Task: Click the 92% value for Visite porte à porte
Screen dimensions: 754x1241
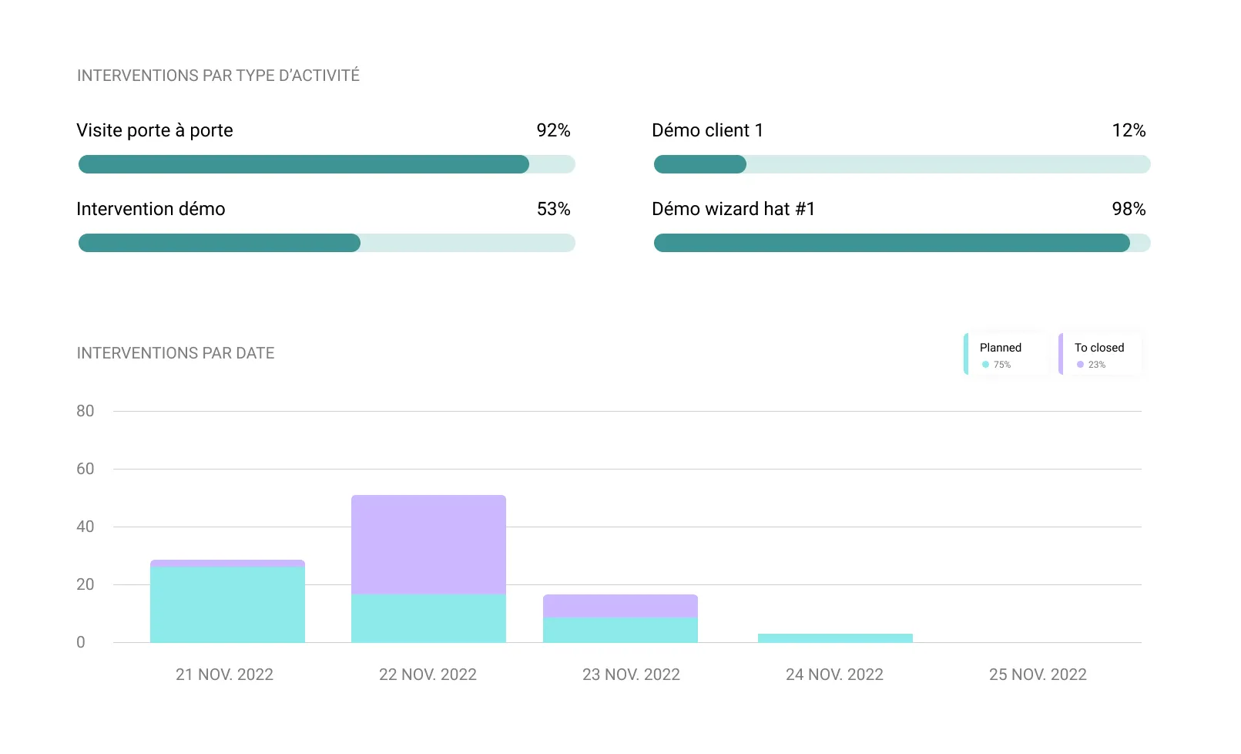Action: (553, 130)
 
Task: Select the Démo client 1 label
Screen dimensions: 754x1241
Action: (707, 130)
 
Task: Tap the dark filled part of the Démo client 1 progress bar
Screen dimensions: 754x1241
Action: (699, 164)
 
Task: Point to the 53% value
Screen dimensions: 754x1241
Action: (553, 209)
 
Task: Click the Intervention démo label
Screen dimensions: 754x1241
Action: (151, 209)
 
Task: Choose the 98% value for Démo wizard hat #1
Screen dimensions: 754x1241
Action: (1129, 209)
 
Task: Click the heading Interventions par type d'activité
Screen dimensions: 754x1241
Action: (218, 76)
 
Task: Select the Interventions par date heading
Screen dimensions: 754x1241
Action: (176, 353)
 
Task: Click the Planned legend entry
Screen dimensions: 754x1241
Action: (1005, 354)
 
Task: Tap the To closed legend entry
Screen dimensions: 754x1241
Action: (1100, 354)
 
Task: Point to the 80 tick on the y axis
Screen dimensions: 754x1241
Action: (85, 411)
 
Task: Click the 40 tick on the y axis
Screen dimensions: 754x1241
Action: (85, 527)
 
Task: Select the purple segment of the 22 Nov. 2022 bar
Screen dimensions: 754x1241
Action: (428, 544)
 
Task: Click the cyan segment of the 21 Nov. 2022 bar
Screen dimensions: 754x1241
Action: (227, 605)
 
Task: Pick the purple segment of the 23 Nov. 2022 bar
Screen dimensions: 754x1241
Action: (620, 606)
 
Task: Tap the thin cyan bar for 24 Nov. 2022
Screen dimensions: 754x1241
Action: (835, 638)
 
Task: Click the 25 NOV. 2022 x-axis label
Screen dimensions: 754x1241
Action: (1038, 675)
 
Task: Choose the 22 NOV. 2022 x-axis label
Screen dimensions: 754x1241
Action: (428, 675)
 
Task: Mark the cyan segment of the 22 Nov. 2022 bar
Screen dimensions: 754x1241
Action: (428, 618)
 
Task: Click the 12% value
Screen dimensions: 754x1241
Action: (1129, 130)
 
